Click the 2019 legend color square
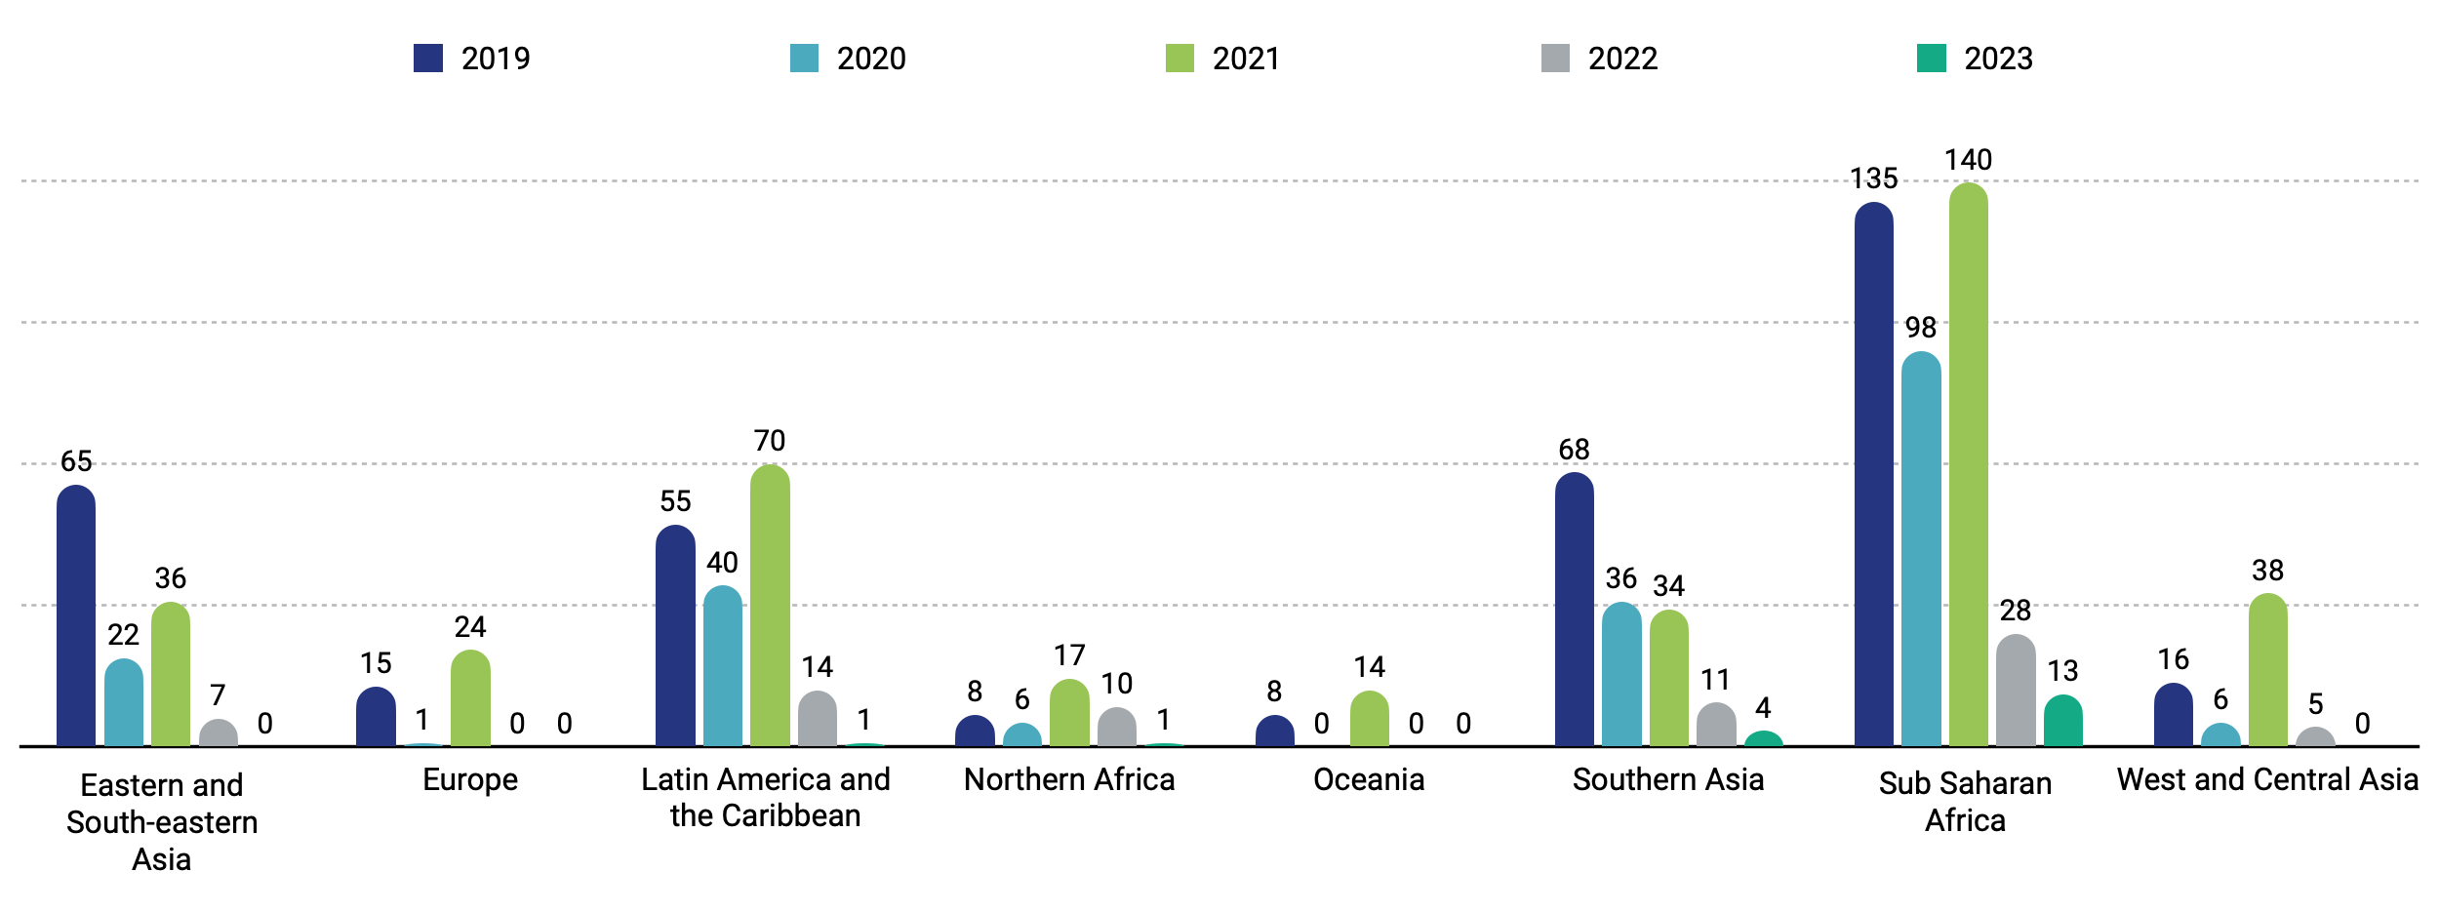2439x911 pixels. coord(428,59)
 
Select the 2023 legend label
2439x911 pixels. coord(1998,59)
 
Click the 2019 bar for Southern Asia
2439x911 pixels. coord(1574,610)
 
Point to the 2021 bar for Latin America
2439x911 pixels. coord(770,606)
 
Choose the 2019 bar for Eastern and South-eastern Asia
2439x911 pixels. coord(76,615)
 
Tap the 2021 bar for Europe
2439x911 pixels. coord(470,698)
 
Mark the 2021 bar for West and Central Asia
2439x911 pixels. coord(2267,670)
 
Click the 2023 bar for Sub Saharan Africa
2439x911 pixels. coord(2062,721)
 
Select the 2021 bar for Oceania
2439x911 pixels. coord(1369,719)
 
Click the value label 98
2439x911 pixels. coord(1920,328)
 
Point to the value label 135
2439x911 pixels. coord(1873,178)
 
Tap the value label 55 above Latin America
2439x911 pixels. coord(675,501)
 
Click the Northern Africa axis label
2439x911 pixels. coord(1069,779)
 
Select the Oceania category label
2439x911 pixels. coord(1369,779)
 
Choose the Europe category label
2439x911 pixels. coord(470,779)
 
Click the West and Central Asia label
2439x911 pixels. coord(2267,779)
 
